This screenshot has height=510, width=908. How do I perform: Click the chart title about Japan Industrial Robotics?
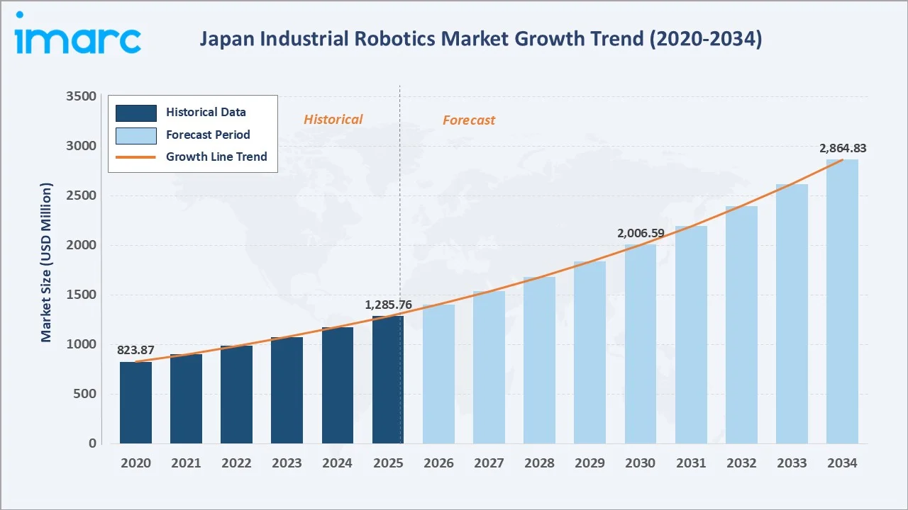(x=480, y=39)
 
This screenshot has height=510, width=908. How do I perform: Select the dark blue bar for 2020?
(x=135, y=402)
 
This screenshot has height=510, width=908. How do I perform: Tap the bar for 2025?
(x=387, y=380)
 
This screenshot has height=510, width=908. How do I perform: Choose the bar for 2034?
(x=842, y=301)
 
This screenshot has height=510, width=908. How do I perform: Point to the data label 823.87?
(x=135, y=350)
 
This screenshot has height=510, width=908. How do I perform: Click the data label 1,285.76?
(x=388, y=305)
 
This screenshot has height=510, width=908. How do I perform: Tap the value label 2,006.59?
(x=640, y=232)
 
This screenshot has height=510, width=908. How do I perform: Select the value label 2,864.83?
(x=842, y=148)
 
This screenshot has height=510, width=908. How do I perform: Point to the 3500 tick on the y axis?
(x=82, y=96)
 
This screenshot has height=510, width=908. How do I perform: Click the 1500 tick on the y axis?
(x=82, y=295)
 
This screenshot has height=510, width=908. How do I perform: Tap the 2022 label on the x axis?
(x=236, y=463)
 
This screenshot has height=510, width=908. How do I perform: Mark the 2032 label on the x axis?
(x=741, y=463)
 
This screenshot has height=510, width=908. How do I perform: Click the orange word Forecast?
(x=468, y=120)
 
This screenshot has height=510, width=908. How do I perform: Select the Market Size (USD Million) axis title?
(x=47, y=262)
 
